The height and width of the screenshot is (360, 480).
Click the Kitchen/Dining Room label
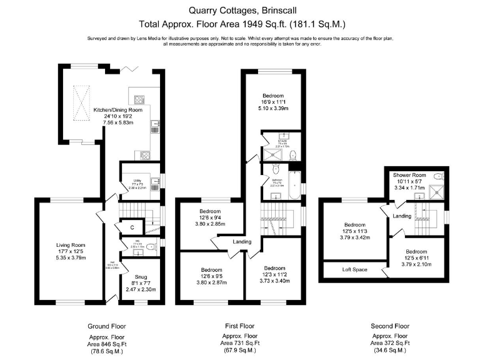click(x=118, y=110)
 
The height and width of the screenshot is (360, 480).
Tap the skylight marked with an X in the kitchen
click(x=81, y=99)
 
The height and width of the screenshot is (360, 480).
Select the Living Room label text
click(x=69, y=245)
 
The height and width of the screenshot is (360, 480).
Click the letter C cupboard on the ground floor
click(x=132, y=227)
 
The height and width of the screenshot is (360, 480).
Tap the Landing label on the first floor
click(x=242, y=242)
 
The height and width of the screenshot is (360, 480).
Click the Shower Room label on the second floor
click(x=409, y=174)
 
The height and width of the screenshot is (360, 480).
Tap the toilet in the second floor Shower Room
click(x=439, y=176)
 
